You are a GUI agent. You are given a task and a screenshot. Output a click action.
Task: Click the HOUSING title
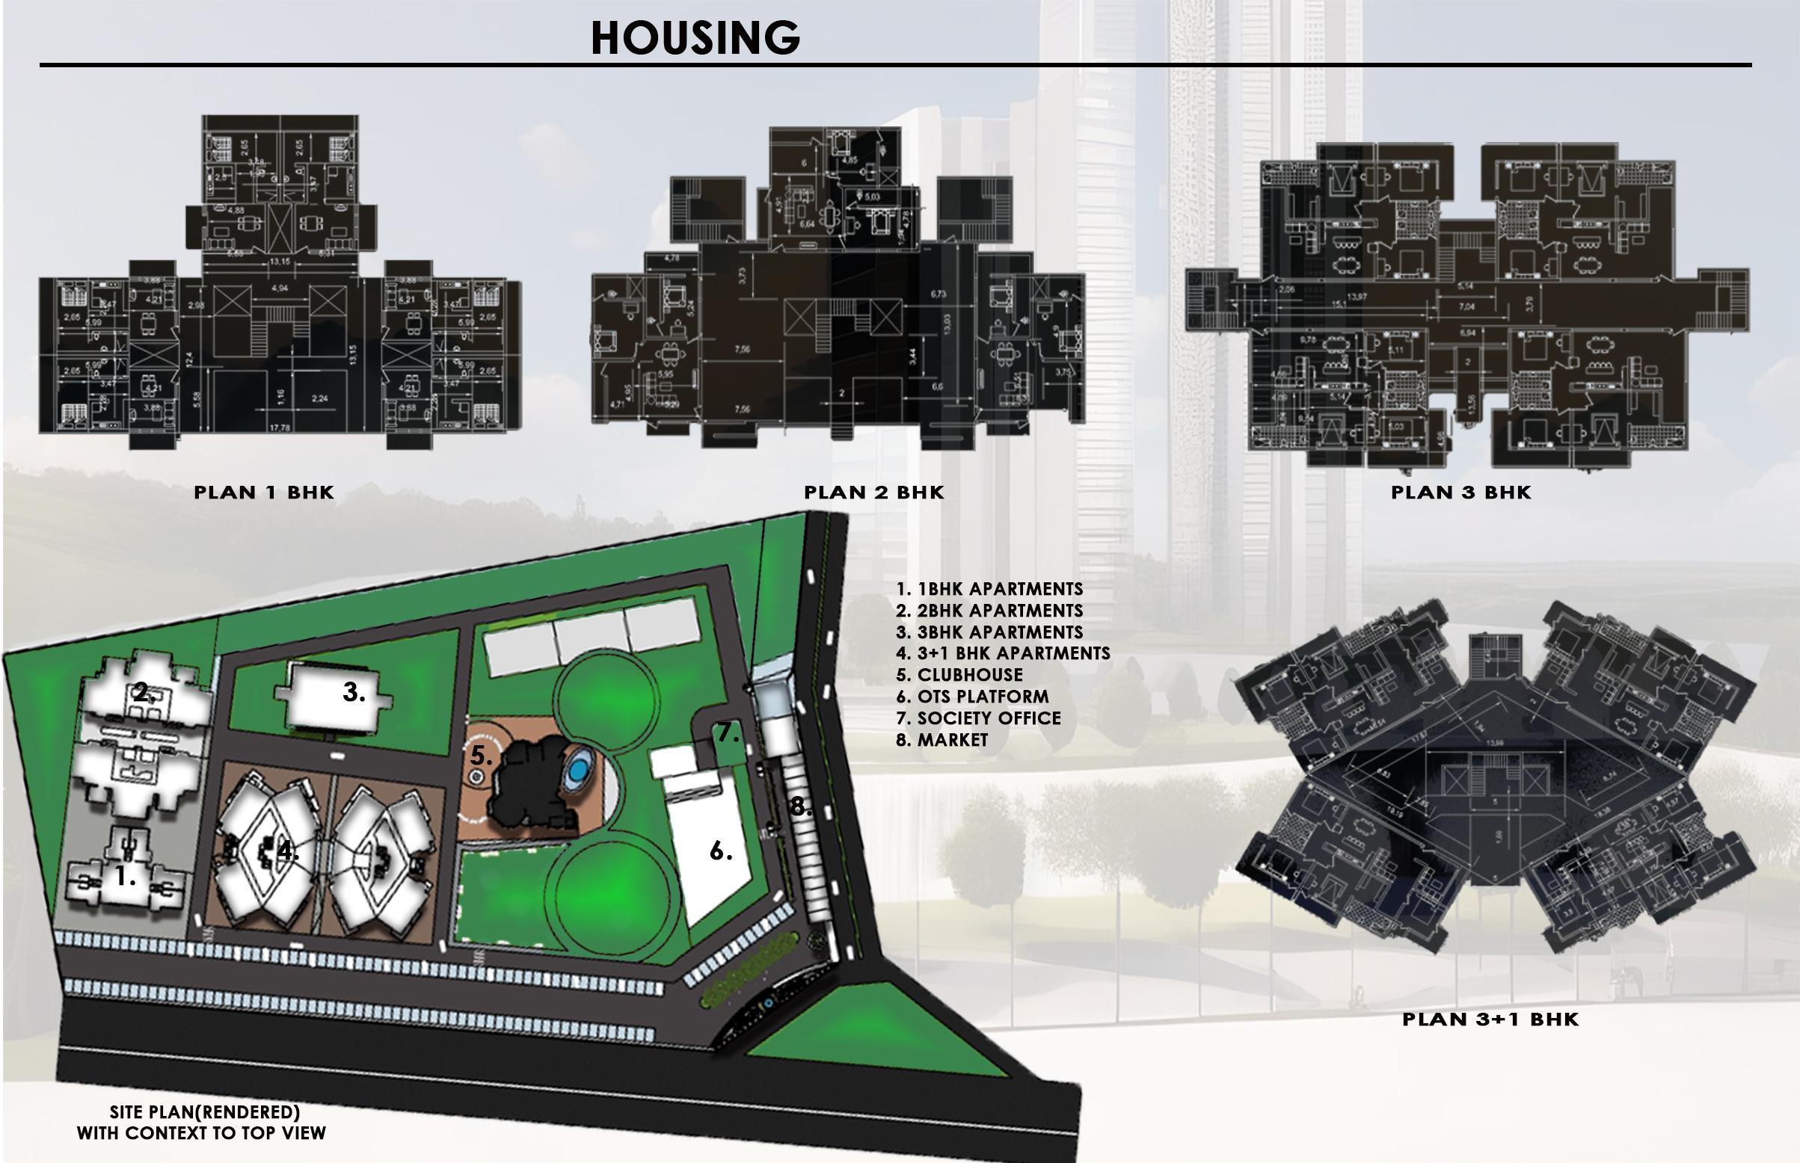coord(695,38)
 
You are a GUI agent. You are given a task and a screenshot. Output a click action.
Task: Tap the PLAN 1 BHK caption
coord(264,493)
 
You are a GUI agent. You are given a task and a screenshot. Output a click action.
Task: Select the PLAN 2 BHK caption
coord(874,493)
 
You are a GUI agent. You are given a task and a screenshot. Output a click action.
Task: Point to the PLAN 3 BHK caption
coord(1460,493)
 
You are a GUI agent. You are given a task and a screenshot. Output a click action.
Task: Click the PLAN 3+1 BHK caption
coord(1490,1019)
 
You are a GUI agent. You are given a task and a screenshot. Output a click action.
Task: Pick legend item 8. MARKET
coord(942,740)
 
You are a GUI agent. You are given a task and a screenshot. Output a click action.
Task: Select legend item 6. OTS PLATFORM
coord(972,697)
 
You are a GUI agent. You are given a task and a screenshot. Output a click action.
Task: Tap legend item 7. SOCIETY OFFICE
coord(978,718)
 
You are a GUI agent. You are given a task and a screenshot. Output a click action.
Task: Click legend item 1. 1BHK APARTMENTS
coord(989,589)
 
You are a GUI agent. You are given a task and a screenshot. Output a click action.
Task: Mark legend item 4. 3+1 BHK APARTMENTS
coord(1003,653)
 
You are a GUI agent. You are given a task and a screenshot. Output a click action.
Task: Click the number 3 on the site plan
coord(353,692)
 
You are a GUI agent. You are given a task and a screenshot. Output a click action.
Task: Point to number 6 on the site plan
coord(720,852)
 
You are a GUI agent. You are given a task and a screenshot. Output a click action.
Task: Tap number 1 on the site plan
coord(124,877)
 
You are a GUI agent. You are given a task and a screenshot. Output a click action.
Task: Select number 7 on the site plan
coord(727,732)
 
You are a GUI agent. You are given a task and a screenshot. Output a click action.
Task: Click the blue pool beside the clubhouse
coord(578,771)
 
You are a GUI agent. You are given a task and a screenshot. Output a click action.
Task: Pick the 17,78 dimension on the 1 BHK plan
coord(280,428)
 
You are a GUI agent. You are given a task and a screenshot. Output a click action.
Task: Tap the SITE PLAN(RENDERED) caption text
coord(204,1112)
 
